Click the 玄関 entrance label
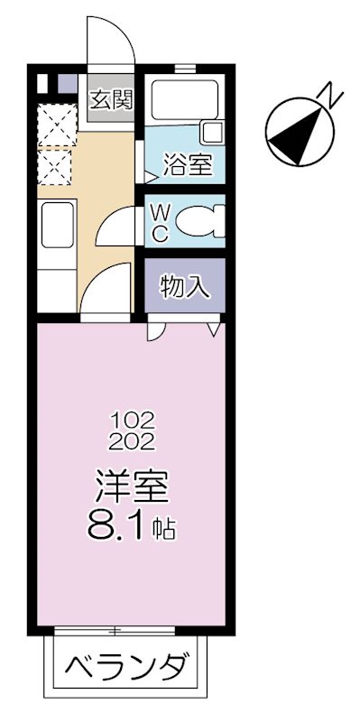tap(111, 98)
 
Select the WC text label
tap(159, 221)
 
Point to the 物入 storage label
tap(185, 287)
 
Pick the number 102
tap(134, 421)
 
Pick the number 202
tap(134, 441)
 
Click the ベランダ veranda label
tap(131, 670)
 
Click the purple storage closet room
tap(185, 287)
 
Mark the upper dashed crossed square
tap(56, 125)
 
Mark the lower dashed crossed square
tap(56, 164)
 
